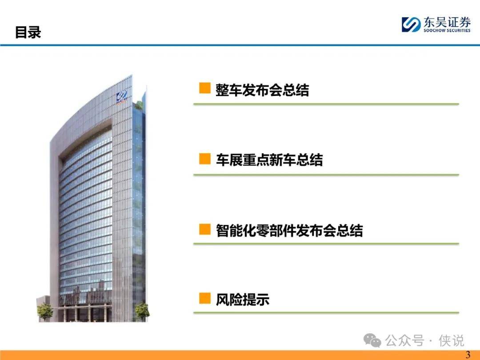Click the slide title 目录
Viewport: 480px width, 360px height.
[x=28, y=32]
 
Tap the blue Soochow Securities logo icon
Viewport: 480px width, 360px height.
[x=411, y=24]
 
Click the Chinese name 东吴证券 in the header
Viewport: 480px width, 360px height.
[x=447, y=22]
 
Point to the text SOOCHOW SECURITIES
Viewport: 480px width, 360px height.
[x=447, y=30]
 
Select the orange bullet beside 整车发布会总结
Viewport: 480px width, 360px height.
[x=205, y=88]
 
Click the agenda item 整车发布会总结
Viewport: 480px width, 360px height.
[x=262, y=90]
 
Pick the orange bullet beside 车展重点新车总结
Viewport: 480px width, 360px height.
[x=205, y=159]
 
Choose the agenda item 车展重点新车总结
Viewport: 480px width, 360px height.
[x=269, y=160]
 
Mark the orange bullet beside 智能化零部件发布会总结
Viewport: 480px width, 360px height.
[x=205, y=229]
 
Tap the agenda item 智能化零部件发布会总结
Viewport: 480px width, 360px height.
[x=289, y=231]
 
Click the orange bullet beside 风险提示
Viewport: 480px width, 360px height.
[x=205, y=298]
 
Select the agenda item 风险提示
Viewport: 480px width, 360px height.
[x=243, y=300]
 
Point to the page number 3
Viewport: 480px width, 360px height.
[x=468, y=355]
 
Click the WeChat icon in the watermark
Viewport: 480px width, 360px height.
[x=372, y=340]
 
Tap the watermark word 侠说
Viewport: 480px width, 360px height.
[x=451, y=340]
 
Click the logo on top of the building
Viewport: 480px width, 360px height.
[x=121, y=97]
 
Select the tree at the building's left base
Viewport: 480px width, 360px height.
[x=45, y=311]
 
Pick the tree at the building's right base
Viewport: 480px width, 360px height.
[x=142, y=311]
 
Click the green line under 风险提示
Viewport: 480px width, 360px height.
[x=326, y=313]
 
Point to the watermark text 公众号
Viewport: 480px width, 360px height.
[x=405, y=340]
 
